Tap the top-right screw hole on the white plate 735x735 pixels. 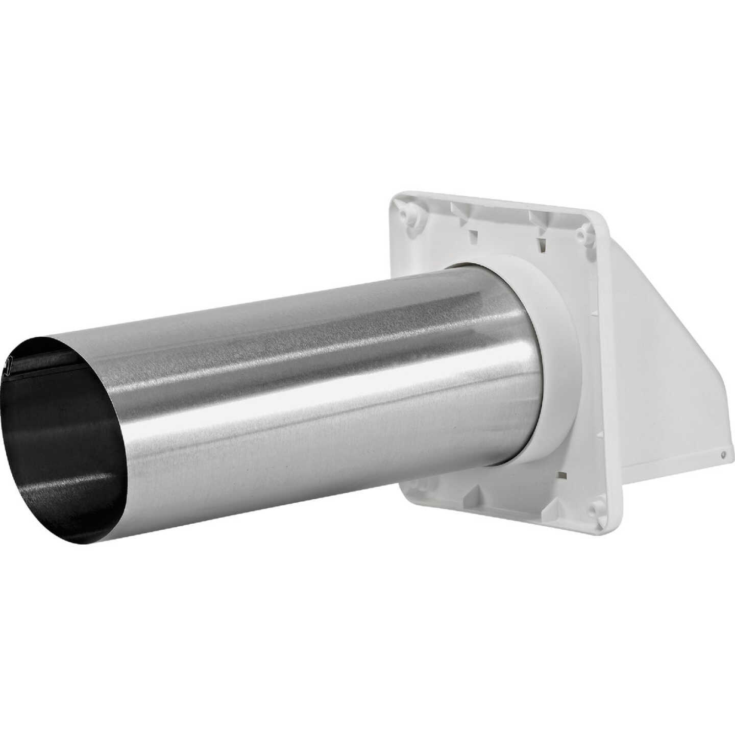pos(580,234)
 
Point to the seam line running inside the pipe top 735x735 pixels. pos(77,360)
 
